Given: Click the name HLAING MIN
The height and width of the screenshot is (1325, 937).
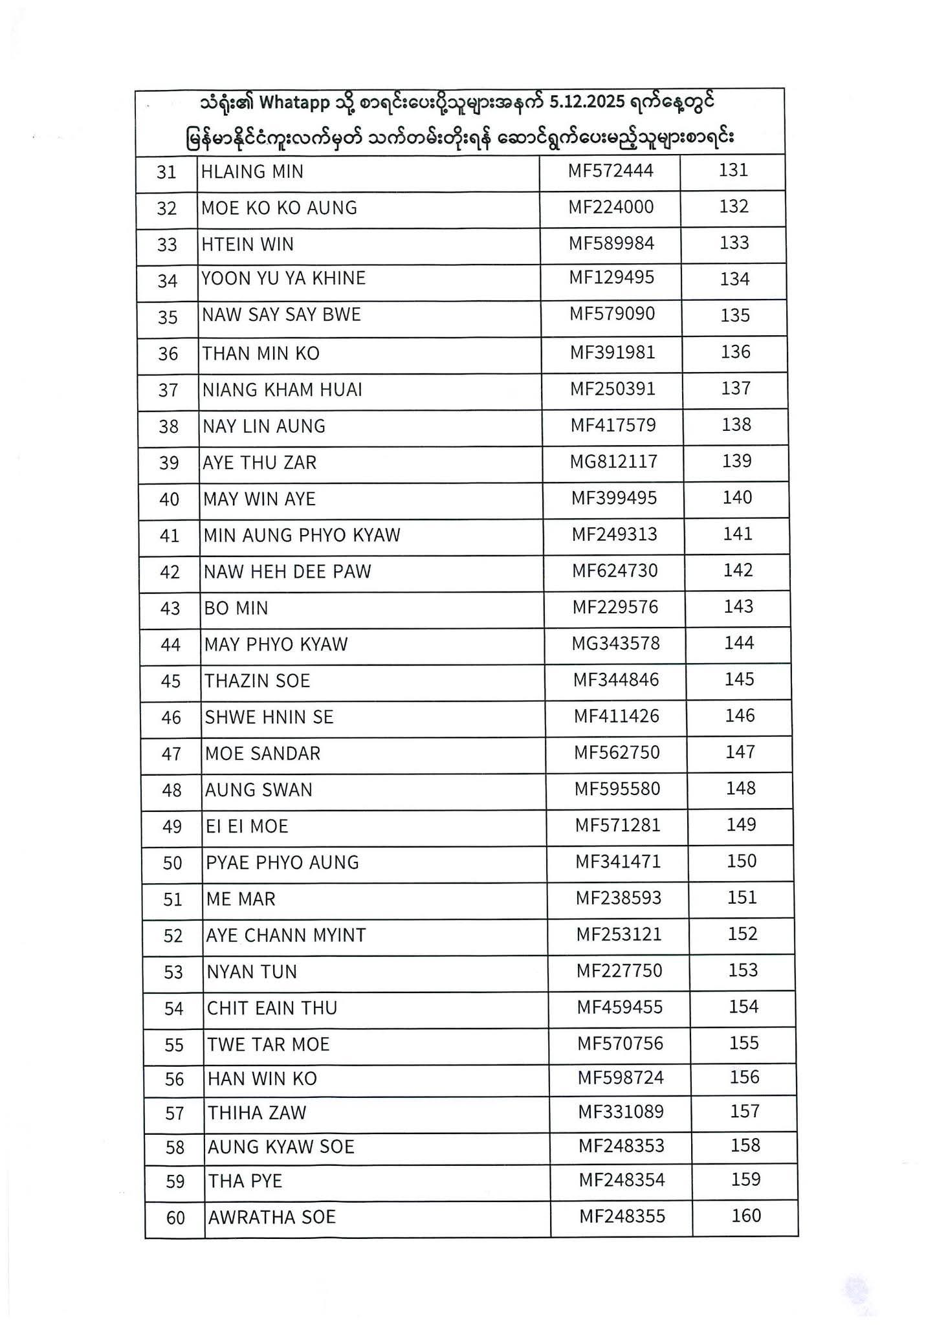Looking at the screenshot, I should point(252,172).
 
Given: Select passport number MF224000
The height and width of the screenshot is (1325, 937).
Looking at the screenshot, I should point(611,207).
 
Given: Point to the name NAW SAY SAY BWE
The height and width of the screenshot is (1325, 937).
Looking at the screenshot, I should point(281,315).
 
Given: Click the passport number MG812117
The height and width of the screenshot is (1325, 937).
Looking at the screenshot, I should point(613,462).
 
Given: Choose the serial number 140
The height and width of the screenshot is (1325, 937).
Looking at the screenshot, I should point(738,498).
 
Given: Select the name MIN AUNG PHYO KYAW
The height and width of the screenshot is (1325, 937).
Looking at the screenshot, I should point(302,536).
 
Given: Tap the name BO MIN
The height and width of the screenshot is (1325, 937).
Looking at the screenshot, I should point(236,608).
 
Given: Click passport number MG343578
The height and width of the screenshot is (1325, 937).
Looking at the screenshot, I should point(615,644).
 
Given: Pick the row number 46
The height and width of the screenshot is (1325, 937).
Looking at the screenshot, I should point(171,717).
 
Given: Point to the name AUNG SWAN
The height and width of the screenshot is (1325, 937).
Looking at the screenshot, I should point(258,790).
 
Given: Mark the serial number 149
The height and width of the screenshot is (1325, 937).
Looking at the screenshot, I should point(741,825).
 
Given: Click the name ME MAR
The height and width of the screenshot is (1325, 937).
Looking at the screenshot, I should point(240,899).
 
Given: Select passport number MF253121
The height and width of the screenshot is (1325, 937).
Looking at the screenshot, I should point(619,934).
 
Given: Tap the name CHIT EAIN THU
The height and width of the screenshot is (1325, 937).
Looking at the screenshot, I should point(272,1008).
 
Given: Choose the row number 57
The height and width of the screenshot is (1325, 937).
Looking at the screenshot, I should point(175,1113).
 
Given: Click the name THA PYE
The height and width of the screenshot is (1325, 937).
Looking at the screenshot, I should point(245,1181).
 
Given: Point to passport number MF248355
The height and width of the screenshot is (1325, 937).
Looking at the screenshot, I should point(622,1216).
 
